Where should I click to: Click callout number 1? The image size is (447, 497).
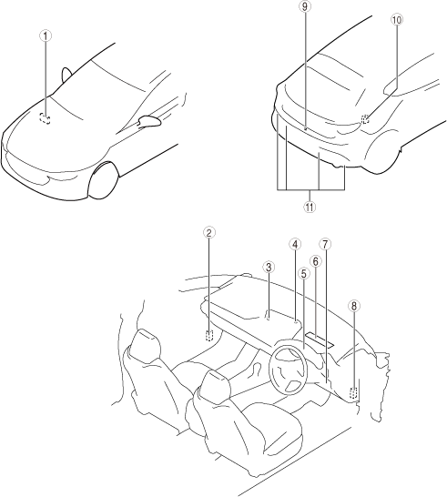click(x=46, y=36)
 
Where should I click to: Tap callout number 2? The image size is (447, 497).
click(x=208, y=232)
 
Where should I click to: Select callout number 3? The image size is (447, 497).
click(x=269, y=267)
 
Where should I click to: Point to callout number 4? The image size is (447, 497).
click(x=295, y=244)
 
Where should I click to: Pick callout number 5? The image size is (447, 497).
click(x=304, y=273)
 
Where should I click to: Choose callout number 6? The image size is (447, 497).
click(x=315, y=261)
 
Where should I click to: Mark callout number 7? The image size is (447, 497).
click(x=325, y=244)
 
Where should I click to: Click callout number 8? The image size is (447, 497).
click(x=354, y=306)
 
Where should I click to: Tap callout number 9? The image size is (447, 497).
click(x=305, y=7)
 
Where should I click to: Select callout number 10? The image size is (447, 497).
click(x=397, y=20)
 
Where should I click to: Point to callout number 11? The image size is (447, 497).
click(x=310, y=207)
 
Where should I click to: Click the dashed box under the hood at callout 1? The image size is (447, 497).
click(x=45, y=118)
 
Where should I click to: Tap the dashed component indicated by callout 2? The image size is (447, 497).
click(x=208, y=335)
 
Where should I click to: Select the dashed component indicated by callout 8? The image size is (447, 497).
click(x=353, y=393)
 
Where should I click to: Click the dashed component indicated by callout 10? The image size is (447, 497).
click(x=365, y=119)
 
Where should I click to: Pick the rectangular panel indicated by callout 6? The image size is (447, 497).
click(x=320, y=340)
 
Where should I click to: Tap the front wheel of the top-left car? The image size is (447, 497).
click(x=104, y=180)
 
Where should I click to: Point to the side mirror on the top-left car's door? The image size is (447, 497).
click(x=149, y=121)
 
